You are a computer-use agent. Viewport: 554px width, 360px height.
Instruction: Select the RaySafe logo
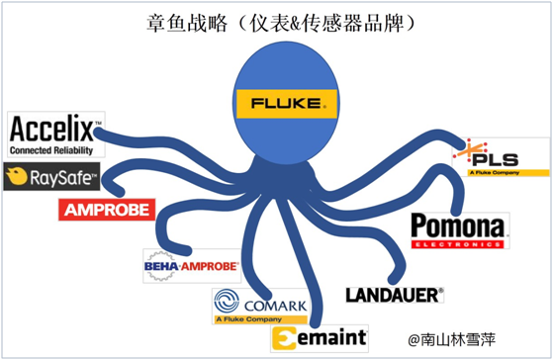click(x=51, y=178)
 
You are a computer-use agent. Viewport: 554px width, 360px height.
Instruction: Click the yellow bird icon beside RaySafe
click(x=16, y=178)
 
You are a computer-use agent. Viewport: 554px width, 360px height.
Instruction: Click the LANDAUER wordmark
click(x=394, y=294)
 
